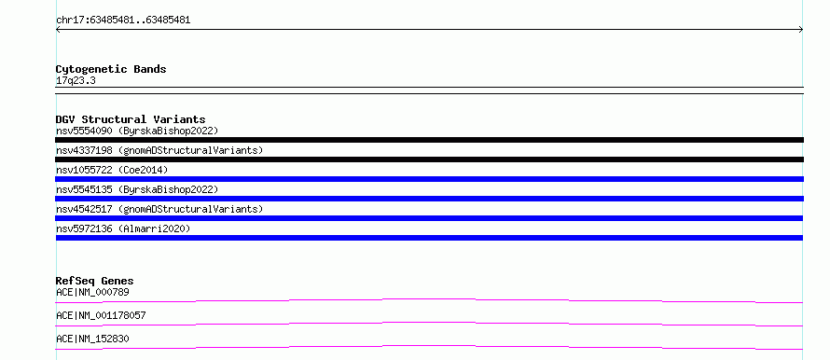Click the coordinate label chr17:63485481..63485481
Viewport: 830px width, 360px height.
click(123, 21)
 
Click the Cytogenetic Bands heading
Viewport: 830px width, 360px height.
click(111, 69)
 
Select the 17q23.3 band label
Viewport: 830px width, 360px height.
click(76, 81)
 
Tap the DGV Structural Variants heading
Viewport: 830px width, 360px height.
click(131, 119)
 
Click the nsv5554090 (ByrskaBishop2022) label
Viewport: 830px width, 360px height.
click(137, 131)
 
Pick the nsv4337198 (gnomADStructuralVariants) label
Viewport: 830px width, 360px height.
click(159, 150)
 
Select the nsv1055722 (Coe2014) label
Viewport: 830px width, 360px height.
click(112, 170)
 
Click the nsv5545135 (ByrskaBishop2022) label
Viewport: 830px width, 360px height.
click(137, 189)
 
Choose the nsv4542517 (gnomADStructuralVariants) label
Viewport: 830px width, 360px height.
click(159, 209)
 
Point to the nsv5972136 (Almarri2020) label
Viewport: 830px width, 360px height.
click(123, 228)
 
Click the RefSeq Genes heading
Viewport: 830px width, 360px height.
click(95, 281)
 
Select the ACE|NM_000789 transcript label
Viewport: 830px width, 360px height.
click(92, 292)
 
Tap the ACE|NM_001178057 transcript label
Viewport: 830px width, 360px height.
click(101, 315)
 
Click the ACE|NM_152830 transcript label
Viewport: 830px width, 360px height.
click(92, 339)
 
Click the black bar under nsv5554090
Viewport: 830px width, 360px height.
click(429, 140)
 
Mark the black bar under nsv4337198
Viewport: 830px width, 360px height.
click(429, 159)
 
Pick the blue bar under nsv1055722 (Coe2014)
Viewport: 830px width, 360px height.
click(429, 179)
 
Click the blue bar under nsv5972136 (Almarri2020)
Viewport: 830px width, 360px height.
click(429, 238)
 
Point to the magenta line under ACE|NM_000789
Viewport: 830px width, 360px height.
click(429, 299)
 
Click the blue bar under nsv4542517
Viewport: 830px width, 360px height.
click(429, 218)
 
